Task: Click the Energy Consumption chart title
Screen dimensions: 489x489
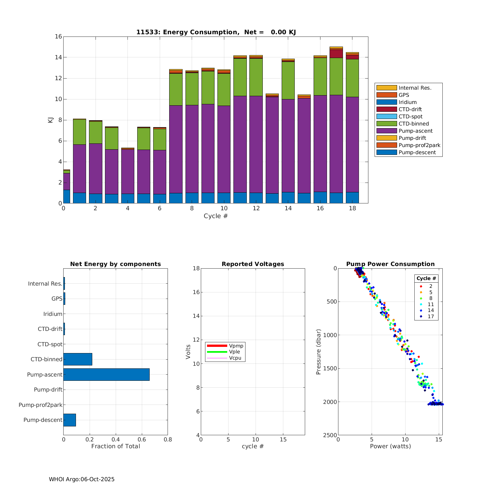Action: [x=216, y=32]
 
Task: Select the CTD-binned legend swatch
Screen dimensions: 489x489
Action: [x=386, y=124]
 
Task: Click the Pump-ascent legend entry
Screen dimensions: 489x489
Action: [x=415, y=131]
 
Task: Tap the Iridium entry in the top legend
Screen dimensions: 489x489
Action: [x=407, y=102]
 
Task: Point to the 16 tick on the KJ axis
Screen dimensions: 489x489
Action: [x=58, y=37]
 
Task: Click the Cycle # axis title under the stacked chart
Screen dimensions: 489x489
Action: [x=215, y=216]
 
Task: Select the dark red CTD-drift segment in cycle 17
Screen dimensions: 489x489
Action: [x=336, y=54]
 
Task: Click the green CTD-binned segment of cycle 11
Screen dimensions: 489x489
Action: [x=240, y=77]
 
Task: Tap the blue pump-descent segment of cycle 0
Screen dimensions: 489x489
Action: [x=67, y=197]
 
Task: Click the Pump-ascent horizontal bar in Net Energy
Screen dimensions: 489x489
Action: [x=106, y=375]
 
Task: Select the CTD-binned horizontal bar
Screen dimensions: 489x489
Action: [x=78, y=359]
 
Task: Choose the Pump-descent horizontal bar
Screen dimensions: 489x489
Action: [x=69, y=420]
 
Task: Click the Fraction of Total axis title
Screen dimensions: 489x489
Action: [x=115, y=446]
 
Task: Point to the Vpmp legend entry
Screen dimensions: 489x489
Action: [x=236, y=346]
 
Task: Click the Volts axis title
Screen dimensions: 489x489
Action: [x=188, y=352]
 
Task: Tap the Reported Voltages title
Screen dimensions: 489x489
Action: [x=253, y=264]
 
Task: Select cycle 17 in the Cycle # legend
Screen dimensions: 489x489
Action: [x=430, y=317]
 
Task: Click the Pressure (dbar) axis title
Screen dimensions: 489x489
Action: [x=319, y=352]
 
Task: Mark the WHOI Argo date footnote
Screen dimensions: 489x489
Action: [x=81, y=479]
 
